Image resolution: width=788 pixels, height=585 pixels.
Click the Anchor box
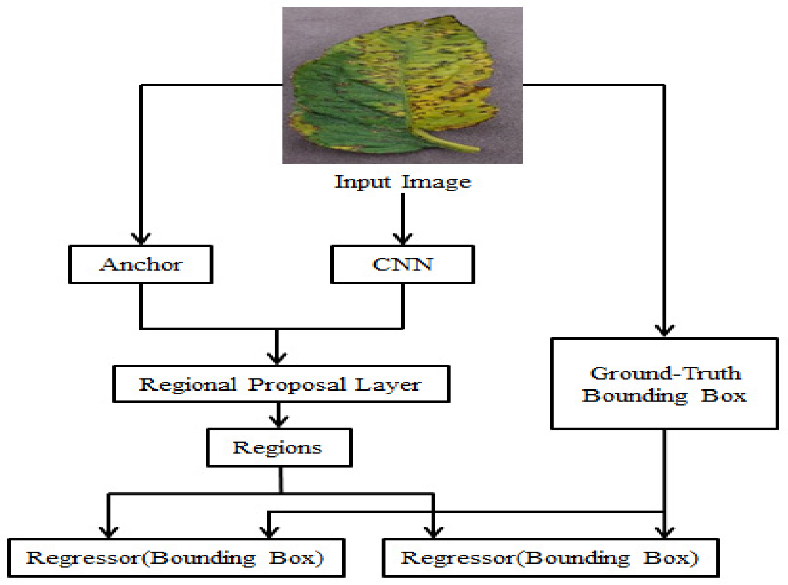[141, 264]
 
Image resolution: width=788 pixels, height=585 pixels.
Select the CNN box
[403, 264]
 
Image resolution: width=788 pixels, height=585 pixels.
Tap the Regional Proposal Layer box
[281, 384]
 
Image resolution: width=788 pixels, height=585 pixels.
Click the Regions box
[279, 448]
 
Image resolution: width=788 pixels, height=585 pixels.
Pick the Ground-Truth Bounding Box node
[664, 384]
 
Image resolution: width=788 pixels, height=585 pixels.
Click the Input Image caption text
[403, 182]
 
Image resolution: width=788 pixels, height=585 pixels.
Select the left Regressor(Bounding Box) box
[176, 558]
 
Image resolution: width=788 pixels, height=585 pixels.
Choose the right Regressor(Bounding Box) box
[550, 558]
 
